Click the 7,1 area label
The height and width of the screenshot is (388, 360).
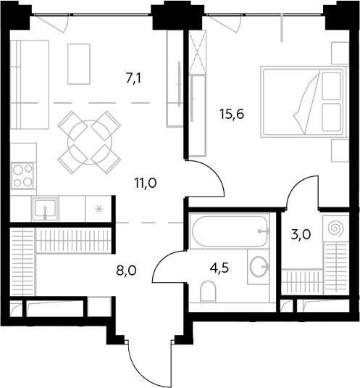[133, 79]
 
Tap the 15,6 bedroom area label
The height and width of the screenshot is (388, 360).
[232, 115]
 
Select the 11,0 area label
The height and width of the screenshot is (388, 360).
[146, 183]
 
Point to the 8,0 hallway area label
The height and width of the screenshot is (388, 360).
[126, 271]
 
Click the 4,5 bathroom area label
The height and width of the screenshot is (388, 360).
[219, 268]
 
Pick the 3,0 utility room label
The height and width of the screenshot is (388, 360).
[301, 234]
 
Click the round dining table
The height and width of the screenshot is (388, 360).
[90, 142]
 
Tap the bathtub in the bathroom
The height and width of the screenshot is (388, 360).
[230, 231]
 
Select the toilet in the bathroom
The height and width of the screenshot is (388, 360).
[208, 292]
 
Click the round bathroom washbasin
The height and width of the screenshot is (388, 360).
[259, 266]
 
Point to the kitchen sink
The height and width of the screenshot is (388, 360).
[45, 208]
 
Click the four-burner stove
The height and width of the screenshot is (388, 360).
[23, 176]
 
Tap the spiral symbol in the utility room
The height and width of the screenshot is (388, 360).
[335, 228]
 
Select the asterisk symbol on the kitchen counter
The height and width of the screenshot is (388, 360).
[99, 210]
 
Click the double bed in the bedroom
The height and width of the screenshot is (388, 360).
[304, 102]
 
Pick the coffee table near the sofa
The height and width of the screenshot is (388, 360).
[79, 64]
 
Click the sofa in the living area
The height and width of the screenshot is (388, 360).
[30, 85]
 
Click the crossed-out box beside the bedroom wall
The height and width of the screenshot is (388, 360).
[198, 51]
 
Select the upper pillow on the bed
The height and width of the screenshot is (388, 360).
[332, 86]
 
